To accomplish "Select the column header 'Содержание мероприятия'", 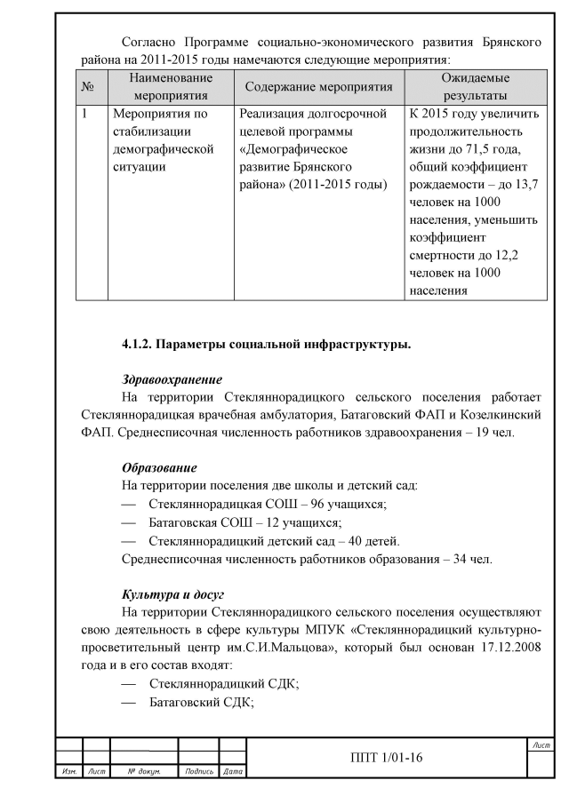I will [317, 87].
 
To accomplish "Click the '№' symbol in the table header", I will [87, 87].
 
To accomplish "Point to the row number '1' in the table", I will [84, 115].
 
